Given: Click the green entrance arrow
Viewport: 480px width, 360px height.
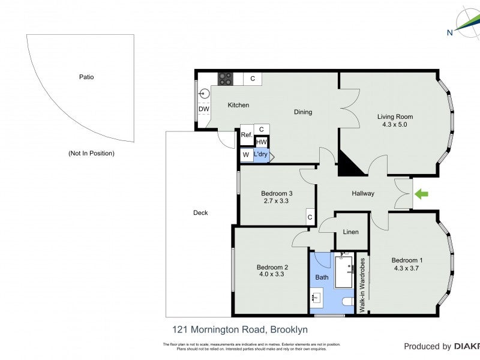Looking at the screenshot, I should tap(422, 194).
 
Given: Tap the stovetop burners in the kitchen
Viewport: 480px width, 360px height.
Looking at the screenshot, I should tap(226, 78).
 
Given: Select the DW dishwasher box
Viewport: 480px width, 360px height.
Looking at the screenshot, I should tap(203, 109).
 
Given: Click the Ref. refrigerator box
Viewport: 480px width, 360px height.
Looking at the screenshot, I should tap(246, 135).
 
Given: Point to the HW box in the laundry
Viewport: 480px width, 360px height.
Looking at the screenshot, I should tap(261, 142).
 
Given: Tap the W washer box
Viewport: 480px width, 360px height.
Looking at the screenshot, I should tap(246, 155).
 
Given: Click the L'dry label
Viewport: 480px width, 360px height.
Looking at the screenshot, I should tap(260, 155).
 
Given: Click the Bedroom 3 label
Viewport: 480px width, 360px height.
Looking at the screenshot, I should tap(277, 193).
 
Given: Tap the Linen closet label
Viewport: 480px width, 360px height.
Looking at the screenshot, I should tap(350, 232).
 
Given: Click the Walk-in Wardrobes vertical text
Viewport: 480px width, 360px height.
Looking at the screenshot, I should tap(362, 284).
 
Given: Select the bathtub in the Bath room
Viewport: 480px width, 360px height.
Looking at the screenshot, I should tap(345, 272).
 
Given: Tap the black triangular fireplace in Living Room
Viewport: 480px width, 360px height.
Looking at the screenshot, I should tap(350, 164).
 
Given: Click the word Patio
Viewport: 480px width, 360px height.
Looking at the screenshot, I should tap(86, 77).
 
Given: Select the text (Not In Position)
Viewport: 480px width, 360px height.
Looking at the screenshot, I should tap(91, 153).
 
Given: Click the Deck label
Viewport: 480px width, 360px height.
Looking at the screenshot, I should tap(200, 212).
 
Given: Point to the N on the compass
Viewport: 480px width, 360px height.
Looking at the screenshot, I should tap(449, 33).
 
